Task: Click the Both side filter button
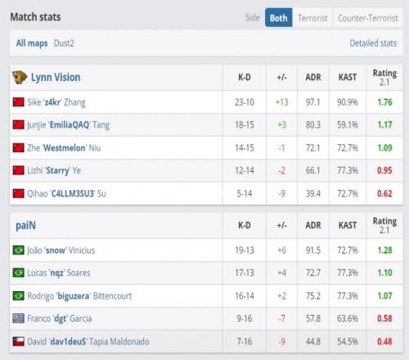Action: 278,18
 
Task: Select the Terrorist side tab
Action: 312,18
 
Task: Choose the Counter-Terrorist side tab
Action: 368,18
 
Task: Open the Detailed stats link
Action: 373,43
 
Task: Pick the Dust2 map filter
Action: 64,43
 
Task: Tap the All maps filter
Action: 32,43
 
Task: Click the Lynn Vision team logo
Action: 20,78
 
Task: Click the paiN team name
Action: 25,226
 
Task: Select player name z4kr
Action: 52,102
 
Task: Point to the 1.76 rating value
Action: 384,102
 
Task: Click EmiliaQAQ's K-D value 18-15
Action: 245,125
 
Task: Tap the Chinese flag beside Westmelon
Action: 19,148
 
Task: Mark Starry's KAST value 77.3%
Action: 348,170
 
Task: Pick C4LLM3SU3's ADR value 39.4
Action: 313,194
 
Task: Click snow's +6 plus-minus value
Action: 281,250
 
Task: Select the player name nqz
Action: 56,273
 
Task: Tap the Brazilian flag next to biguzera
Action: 19,295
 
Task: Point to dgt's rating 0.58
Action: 384,318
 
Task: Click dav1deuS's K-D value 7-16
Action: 245,341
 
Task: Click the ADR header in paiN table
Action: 313,225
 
